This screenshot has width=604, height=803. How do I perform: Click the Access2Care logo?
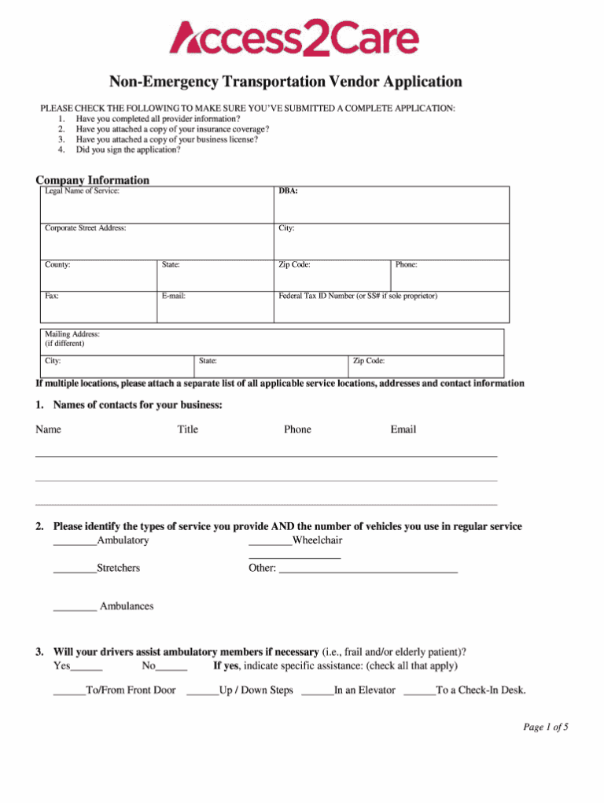click(294, 38)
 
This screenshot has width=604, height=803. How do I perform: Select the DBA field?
click(391, 206)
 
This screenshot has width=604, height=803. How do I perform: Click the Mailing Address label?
click(72, 334)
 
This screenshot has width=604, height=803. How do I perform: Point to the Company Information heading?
click(92, 180)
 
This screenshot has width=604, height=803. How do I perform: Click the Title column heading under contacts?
click(188, 429)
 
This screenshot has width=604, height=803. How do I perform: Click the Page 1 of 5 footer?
click(545, 727)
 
